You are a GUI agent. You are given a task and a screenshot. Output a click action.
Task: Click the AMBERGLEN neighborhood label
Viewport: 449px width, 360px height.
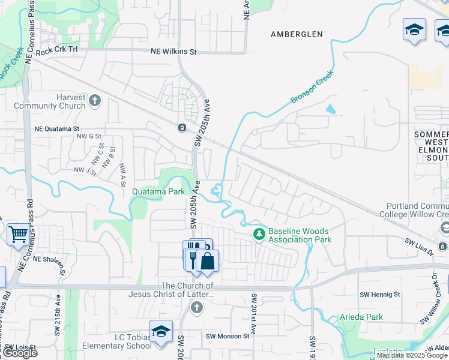tap(297, 34)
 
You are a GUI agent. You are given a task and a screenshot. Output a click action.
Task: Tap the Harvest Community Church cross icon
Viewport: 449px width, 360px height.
tap(95, 100)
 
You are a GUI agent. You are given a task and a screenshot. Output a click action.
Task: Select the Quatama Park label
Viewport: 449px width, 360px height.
tap(158, 192)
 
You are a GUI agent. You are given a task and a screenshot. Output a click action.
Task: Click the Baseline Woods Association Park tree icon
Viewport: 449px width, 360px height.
tap(259, 234)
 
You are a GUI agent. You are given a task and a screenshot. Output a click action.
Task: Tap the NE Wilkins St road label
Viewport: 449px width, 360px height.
tap(175, 52)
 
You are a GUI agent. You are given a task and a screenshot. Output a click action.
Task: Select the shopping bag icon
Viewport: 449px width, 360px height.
tap(207, 262)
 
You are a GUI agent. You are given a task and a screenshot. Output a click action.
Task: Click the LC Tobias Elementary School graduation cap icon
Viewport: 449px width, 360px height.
tap(161, 332)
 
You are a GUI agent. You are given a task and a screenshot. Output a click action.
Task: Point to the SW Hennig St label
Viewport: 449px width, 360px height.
tap(380, 295)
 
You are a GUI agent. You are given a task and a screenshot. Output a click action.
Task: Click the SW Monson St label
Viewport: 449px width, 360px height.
tap(228, 336)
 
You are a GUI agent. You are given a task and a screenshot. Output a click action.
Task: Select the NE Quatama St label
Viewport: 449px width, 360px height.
tap(57, 128)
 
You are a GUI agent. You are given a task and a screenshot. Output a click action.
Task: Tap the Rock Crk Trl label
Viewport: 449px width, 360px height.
tap(57, 52)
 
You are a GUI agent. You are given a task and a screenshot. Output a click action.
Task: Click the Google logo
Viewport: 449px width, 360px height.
tap(20, 353)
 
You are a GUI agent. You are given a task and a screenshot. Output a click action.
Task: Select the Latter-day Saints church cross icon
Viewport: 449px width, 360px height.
tap(196, 308)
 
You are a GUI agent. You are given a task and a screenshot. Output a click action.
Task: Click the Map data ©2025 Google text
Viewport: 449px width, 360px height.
tap(412, 355)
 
